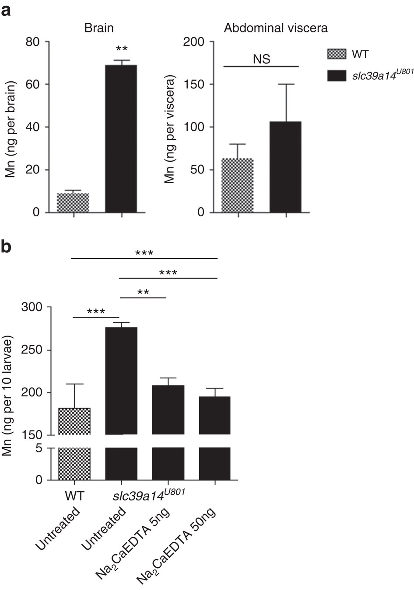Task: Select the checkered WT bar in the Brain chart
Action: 73,203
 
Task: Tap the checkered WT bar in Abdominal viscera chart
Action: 238,185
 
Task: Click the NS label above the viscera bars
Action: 261,59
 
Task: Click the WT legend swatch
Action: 336,55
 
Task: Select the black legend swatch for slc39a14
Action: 336,76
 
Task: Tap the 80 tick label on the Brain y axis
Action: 32,42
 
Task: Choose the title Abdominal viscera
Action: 276,28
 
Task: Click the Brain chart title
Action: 99,28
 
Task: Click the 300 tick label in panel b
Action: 32,308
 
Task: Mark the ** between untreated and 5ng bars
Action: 143,292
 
